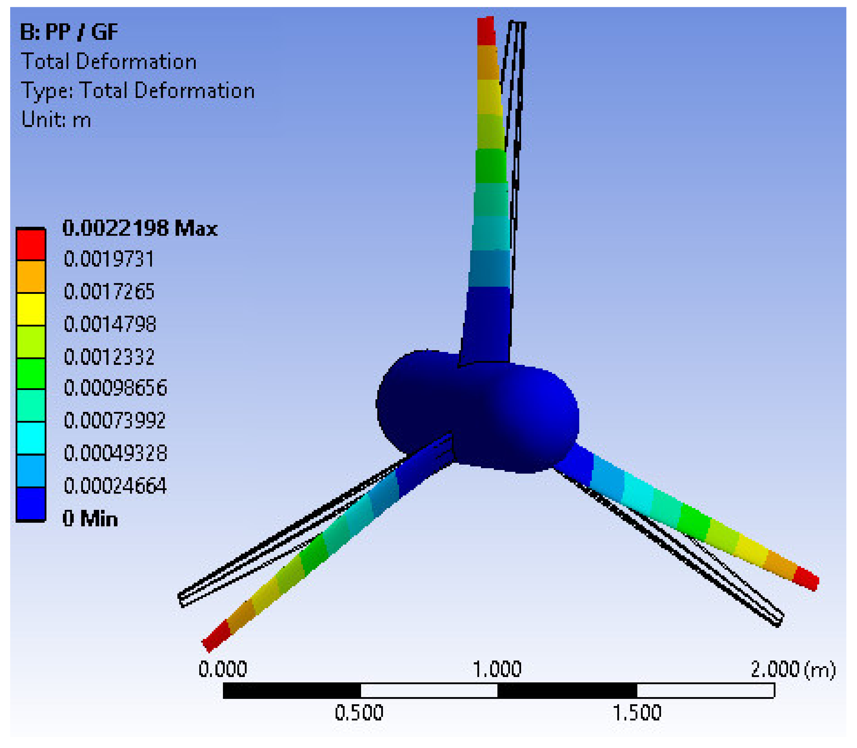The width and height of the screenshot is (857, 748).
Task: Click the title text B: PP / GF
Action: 69,32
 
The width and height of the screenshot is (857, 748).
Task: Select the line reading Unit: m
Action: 56,120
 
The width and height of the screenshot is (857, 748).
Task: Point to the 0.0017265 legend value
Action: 109,291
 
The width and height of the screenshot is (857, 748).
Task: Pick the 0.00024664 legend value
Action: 115,486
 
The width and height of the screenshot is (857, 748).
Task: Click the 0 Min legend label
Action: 90,519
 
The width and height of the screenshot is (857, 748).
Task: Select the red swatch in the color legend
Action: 31,245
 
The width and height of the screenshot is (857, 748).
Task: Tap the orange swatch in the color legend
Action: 31,277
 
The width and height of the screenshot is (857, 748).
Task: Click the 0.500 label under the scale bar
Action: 359,713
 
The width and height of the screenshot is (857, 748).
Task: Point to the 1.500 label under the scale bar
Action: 636,713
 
